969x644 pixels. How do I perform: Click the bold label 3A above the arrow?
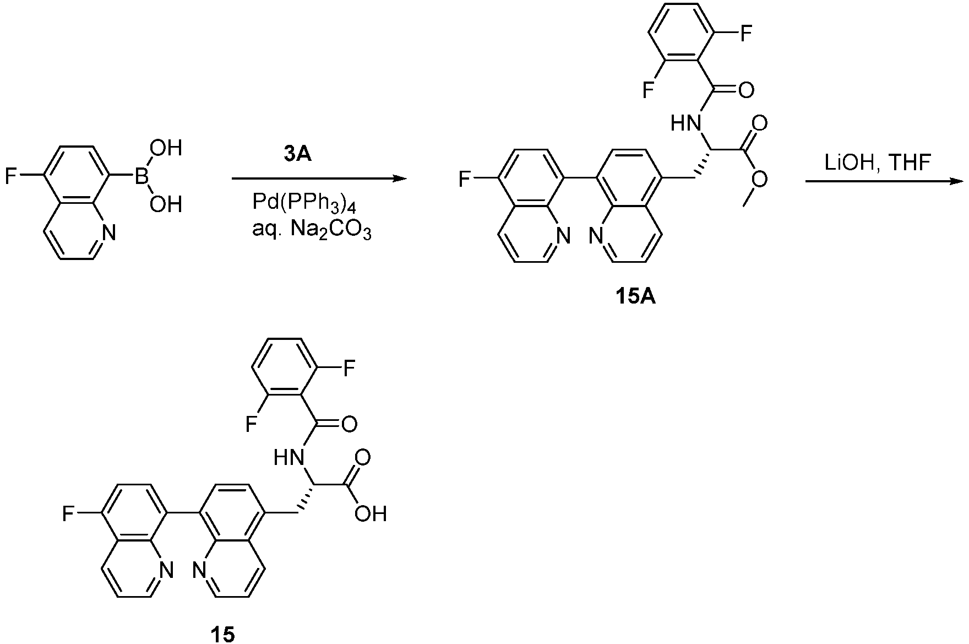(298, 155)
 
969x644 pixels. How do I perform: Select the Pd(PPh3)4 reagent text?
(312, 204)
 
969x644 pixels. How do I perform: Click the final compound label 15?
(222, 634)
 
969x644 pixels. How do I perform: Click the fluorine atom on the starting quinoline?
(10, 177)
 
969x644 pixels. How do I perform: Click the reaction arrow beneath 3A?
(319, 178)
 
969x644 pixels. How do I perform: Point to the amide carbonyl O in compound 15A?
(746, 89)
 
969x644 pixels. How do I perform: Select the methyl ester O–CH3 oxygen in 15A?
(760, 178)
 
